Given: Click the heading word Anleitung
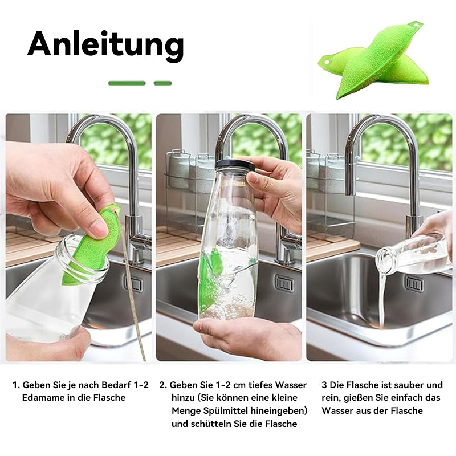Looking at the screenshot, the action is coord(105,44).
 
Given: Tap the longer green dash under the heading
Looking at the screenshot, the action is coord(127,83).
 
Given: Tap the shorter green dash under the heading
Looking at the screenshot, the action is coord(163,83).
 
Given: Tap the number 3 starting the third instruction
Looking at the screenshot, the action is coord(324,385).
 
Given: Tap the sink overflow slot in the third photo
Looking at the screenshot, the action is coord(415,284).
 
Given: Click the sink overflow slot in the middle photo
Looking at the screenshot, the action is coord(284,283).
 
